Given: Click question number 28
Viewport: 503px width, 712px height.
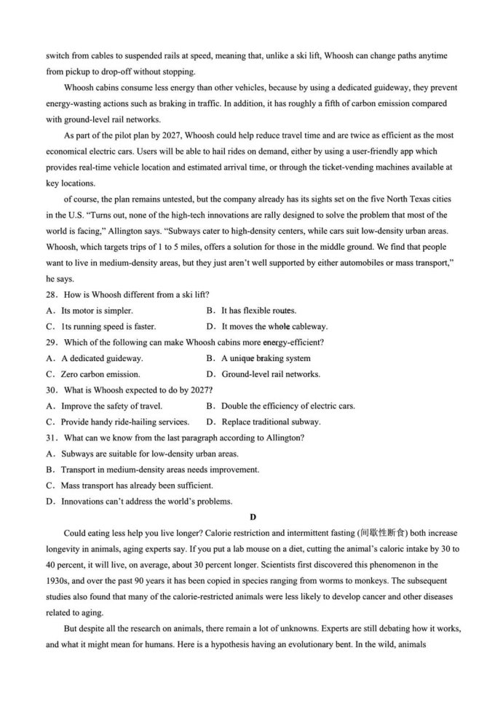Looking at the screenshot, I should (x=52, y=294).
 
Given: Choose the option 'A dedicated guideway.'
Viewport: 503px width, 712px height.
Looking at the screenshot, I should (x=101, y=358).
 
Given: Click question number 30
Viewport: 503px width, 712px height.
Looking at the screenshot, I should (x=52, y=390).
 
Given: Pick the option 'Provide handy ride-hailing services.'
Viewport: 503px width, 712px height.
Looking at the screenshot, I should (x=124, y=422).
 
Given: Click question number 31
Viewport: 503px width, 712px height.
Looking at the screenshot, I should (x=52, y=438).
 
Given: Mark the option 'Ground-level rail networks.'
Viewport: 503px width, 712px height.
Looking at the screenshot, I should (x=270, y=374).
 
